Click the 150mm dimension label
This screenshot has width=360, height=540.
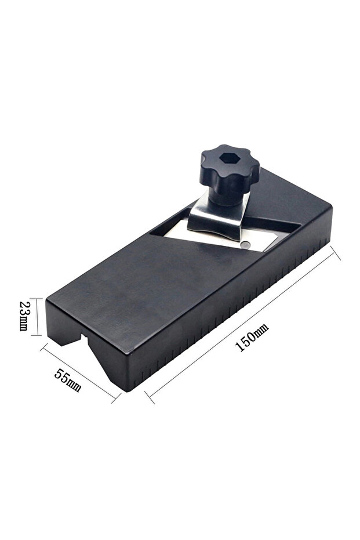click(252, 338)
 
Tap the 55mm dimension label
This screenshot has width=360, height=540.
click(68, 380)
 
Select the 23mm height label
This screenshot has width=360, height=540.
click(24, 316)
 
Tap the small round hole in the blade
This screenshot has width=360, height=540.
click(245, 245)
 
